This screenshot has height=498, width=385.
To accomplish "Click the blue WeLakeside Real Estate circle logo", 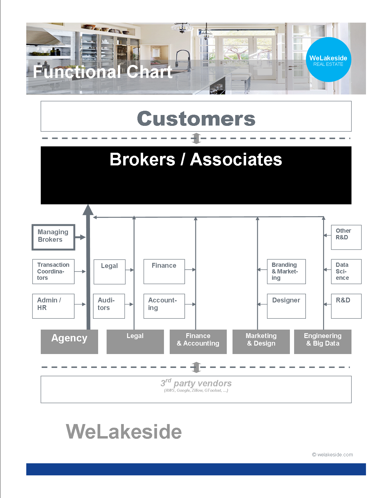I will [329, 59].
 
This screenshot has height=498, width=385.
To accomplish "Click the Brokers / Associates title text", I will [196, 159].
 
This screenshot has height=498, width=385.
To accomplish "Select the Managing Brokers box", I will [53, 237].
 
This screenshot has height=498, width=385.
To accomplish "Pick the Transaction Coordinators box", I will [53, 271].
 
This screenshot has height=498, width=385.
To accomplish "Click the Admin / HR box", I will [53, 306].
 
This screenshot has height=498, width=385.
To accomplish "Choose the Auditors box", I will [109, 306].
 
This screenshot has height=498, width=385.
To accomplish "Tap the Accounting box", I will [164, 306].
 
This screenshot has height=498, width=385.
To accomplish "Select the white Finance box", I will [164, 271].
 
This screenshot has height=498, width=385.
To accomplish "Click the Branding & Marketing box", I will [286, 271].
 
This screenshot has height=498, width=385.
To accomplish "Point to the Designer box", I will [286, 306].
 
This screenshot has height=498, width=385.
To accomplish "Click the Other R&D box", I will [346, 237].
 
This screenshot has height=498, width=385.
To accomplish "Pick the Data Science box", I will [346, 271].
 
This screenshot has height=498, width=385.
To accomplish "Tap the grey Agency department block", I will [69, 341].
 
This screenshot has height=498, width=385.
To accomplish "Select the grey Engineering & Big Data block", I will [322, 341].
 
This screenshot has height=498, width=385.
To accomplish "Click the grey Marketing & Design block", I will [261, 341].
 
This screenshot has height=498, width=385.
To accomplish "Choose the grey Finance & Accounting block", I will [198, 341].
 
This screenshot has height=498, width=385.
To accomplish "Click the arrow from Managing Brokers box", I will [80, 237].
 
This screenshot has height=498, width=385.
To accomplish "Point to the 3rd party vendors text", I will [196, 384].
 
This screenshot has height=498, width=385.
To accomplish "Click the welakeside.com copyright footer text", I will [332, 455].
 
